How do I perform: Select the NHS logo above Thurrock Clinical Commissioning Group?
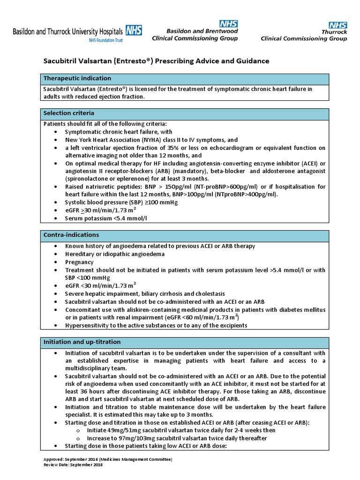(x=337, y=25)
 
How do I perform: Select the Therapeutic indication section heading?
(x=77, y=78)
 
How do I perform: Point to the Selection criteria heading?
(x=69, y=113)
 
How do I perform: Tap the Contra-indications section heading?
(x=71, y=234)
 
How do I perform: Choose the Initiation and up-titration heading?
(x=82, y=342)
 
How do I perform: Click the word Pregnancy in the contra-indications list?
(x=79, y=262)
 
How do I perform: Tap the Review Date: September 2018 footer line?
(x=73, y=465)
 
